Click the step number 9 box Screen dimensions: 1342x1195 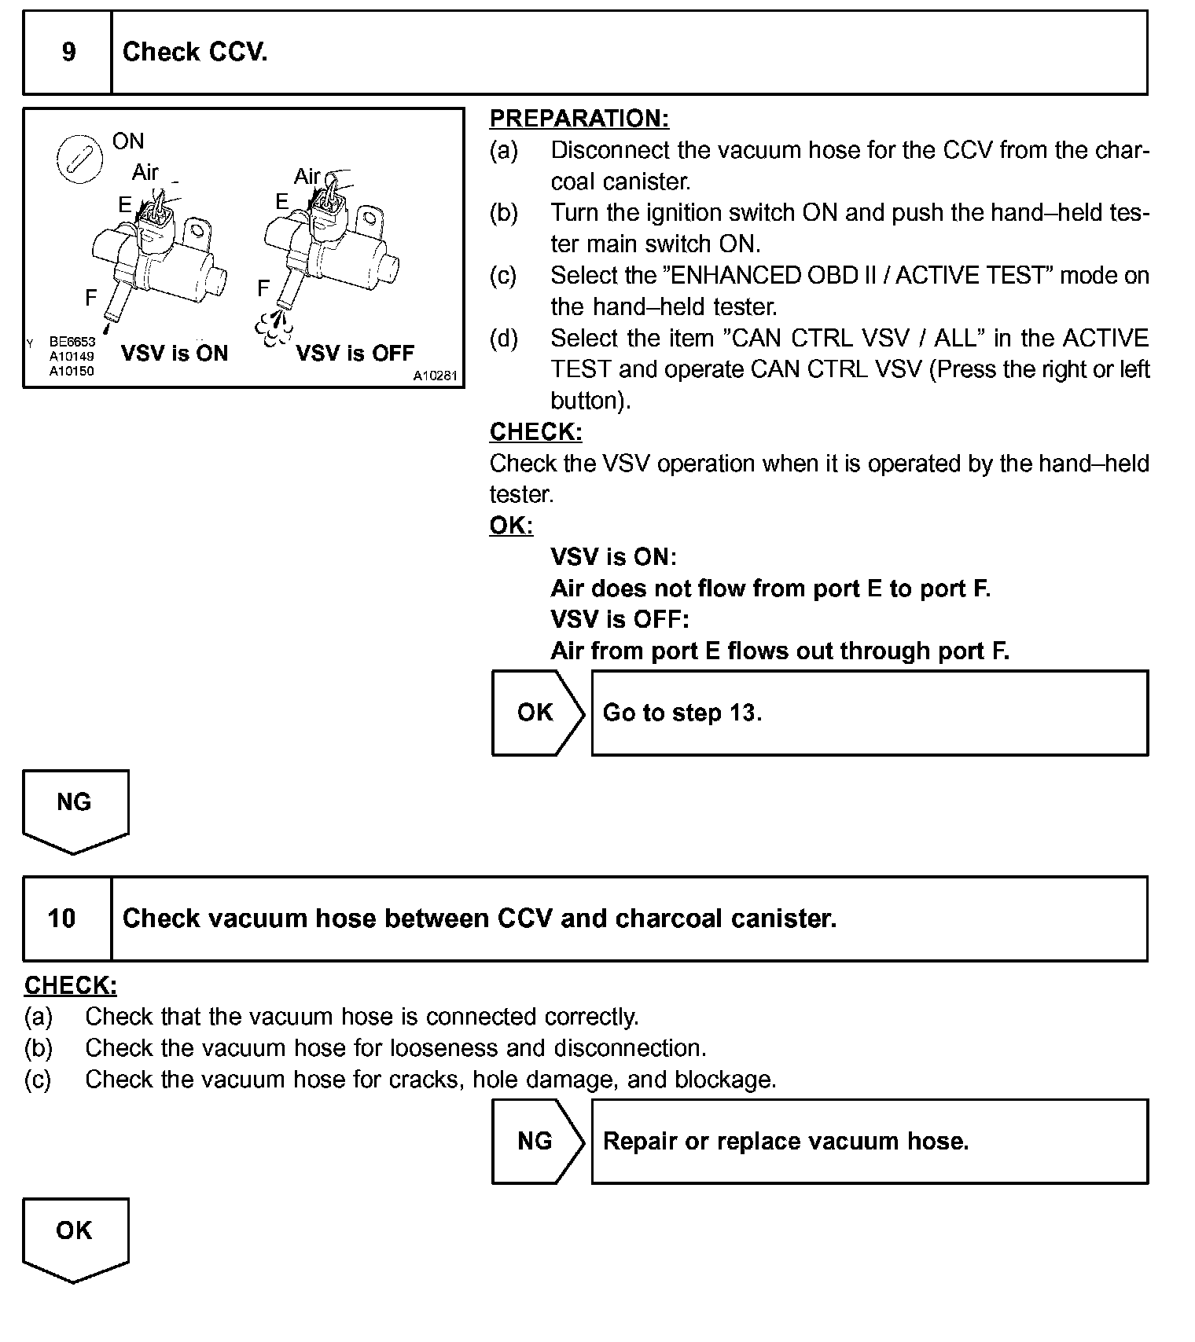[68, 53]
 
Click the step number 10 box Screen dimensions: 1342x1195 [62, 918]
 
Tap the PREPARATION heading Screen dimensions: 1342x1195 [579, 119]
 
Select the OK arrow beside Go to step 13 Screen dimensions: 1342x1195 [536, 713]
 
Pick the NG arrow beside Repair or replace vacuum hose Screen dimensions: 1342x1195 [536, 1141]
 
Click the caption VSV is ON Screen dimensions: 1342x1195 [175, 354]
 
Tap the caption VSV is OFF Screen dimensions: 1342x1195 [355, 354]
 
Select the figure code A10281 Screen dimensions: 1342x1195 [435, 376]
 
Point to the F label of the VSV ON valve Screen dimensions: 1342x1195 [91, 298]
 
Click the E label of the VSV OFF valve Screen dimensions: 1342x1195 [281, 203]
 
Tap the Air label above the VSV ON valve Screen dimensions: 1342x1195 [145, 172]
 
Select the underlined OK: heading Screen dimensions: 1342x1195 [511, 526]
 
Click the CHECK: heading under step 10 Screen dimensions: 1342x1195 [71, 985]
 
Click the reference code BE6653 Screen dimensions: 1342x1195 [72, 342]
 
